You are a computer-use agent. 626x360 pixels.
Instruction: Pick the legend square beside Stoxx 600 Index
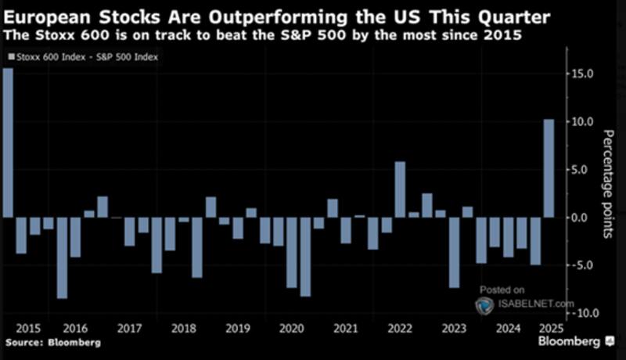9,56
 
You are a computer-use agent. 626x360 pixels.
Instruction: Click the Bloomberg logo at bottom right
573,343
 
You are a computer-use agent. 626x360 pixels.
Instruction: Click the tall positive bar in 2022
400,189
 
